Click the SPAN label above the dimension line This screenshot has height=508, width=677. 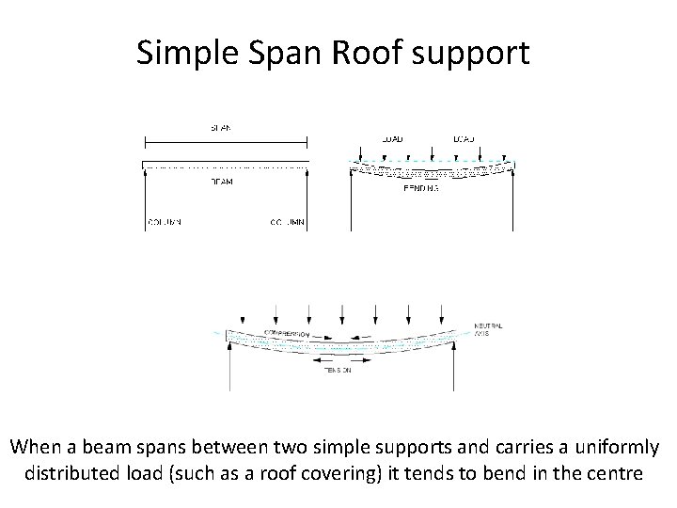click(x=222, y=126)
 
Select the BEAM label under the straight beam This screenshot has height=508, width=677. click(x=222, y=181)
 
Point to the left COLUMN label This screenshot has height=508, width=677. click(x=164, y=223)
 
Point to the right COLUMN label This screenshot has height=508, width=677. click(x=288, y=223)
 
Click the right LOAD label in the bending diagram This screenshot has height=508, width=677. click(x=464, y=139)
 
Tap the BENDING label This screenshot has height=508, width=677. click(x=420, y=188)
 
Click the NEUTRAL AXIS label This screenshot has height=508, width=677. click(x=489, y=329)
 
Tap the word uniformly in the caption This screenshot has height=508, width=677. click(x=609, y=446)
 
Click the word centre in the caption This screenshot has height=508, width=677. click(x=614, y=472)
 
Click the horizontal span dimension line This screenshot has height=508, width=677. click(x=226, y=143)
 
